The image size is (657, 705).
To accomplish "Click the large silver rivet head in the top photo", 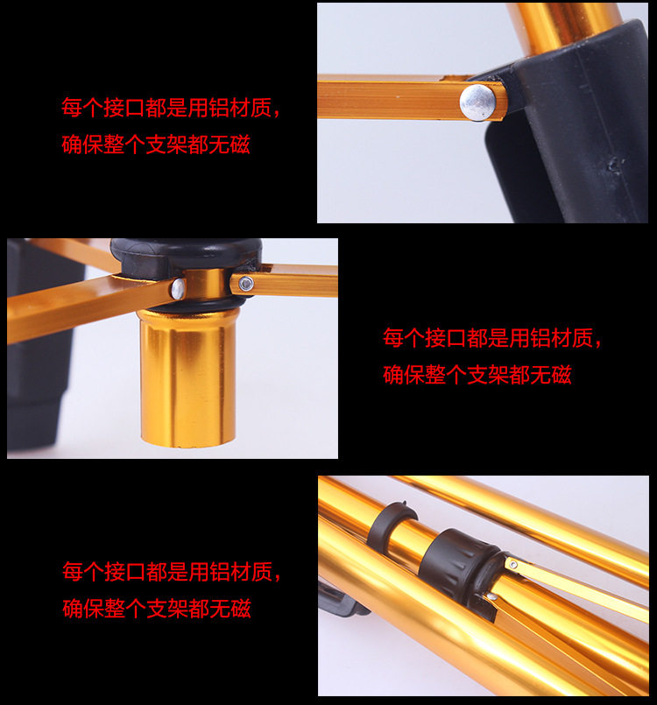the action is coord(478,102).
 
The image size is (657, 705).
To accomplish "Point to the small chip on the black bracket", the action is coord(616,165).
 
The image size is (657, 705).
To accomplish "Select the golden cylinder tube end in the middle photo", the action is coord(186,377).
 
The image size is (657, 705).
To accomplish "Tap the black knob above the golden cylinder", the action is coord(186,256).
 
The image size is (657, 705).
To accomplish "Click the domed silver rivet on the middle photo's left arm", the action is coord(179,289).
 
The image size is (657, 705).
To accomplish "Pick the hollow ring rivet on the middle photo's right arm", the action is coord(245,283).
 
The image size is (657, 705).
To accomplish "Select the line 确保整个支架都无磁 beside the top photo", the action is coord(156,145).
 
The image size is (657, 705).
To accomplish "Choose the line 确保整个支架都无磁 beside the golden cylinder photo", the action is coord(477,375).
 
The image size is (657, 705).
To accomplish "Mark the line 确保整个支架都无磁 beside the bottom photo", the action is coord(157,609).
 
